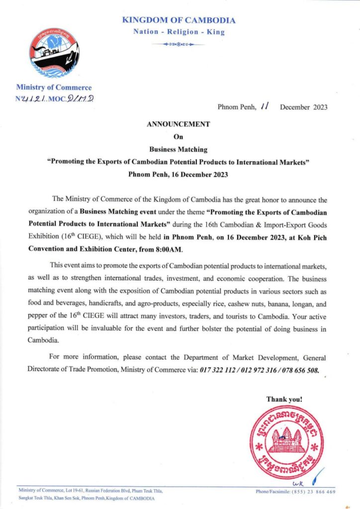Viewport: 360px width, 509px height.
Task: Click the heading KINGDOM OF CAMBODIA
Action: tap(179, 20)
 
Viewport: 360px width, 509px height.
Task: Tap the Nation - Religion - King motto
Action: tap(179, 32)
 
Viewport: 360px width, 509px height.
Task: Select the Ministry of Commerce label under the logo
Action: tap(54, 87)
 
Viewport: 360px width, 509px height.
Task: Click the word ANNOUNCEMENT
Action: tap(179, 124)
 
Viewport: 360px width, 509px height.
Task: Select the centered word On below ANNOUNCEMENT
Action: tap(179, 136)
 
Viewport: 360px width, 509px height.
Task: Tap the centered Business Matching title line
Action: tap(179, 149)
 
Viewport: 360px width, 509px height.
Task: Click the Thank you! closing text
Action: tap(284, 399)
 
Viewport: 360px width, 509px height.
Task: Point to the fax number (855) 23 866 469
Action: tap(310, 492)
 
